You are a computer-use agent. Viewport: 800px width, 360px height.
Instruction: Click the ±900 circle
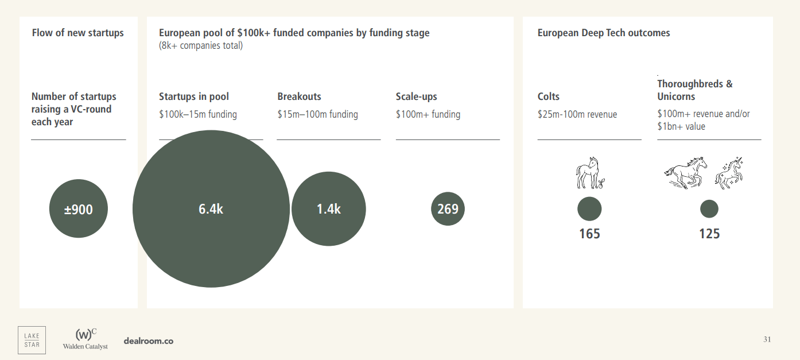point(79,209)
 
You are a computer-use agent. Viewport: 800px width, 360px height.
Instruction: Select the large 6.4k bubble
point(211,209)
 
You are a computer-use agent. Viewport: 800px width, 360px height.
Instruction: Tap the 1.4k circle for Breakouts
point(328,209)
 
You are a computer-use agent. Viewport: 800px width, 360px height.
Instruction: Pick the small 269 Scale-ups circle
point(448,208)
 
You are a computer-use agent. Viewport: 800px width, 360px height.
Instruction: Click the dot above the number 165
point(589,208)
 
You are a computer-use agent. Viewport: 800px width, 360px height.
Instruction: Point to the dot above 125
point(709,208)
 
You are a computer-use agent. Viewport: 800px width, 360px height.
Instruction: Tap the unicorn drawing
point(729,172)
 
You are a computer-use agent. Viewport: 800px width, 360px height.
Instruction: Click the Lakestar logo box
point(32,340)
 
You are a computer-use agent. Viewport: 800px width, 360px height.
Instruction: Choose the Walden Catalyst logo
point(86,339)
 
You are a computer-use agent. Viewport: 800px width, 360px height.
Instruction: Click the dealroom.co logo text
point(149,341)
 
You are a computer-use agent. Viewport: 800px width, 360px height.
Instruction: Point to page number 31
point(767,339)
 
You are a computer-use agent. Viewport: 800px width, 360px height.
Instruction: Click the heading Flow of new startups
point(78,33)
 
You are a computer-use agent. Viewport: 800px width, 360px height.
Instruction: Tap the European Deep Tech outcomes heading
point(604,33)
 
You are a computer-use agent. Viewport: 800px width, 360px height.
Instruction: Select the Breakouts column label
point(299,96)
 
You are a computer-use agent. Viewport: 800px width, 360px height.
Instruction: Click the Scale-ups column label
point(417,96)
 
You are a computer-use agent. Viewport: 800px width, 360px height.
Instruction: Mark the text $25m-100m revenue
point(577,114)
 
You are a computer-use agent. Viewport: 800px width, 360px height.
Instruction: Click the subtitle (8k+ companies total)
point(201,46)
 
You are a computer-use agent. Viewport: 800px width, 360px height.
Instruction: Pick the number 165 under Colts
point(589,234)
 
